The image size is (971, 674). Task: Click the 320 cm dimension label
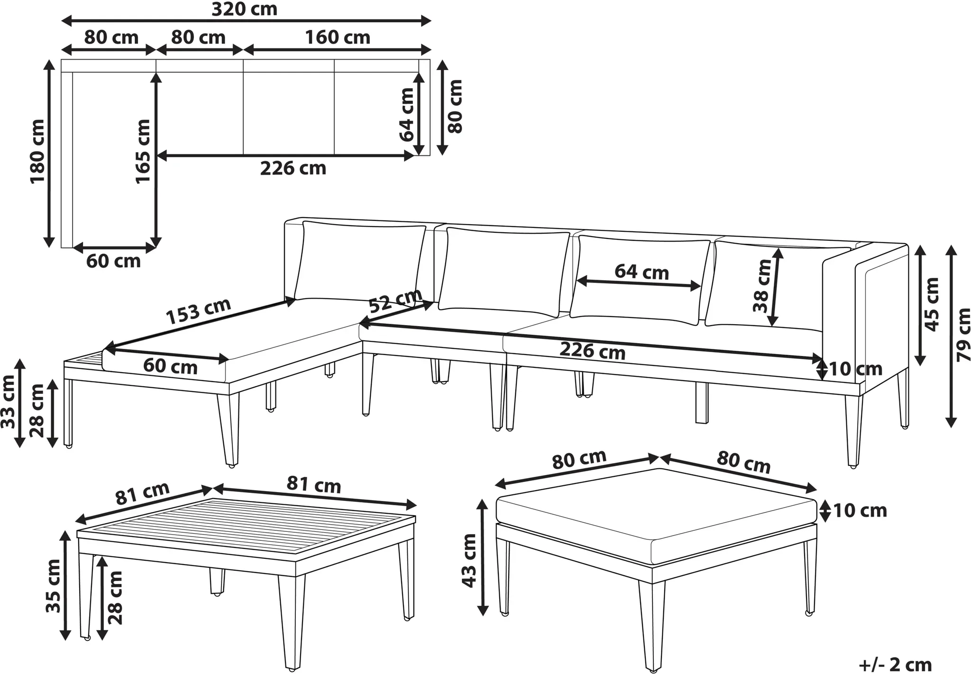pos(244,9)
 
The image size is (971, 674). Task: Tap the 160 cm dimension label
pos(337,37)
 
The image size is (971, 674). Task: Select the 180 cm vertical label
pos(37,151)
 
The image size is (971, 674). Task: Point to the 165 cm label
pos(143,151)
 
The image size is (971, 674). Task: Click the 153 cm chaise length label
pos(199,311)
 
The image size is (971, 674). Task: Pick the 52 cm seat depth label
pos(395,301)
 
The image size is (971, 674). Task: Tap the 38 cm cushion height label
pos(763,286)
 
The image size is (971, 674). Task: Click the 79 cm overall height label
pos(962,335)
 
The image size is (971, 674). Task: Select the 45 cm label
pos(932,304)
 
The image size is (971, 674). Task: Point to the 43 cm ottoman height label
pos(469,561)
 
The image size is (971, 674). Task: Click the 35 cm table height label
pos(53,586)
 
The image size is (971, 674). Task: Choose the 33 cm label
pos(8,402)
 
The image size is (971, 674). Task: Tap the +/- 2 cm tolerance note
pos(895,665)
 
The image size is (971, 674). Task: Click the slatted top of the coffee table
pos(247,525)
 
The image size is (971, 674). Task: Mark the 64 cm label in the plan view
pos(407,115)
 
